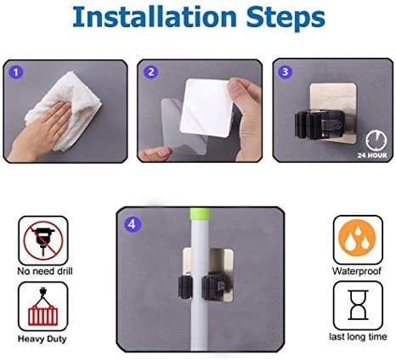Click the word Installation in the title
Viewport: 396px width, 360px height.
[x=155, y=16]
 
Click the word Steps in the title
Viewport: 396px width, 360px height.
[x=286, y=18]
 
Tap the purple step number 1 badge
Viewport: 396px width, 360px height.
[x=16, y=72]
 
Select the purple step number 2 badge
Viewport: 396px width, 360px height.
[x=150, y=72]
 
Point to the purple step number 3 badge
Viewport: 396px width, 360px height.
[x=285, y=71]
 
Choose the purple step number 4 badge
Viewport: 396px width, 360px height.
[x=132, y=224]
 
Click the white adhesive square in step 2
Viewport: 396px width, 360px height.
[x=206, y=108]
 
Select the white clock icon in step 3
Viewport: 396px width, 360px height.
[x=376, y=140]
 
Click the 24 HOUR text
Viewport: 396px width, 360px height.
[x=372, y=155]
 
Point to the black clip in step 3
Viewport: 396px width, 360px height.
[x=320, y=125]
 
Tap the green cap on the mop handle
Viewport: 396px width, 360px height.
[x=201, y=213]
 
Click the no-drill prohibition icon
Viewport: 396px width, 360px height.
[x=43, y=240]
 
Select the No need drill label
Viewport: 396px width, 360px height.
[x=45, y=271]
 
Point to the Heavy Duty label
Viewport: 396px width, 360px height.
[x=42, y=339]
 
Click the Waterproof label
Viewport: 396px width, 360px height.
[x=357, y=271]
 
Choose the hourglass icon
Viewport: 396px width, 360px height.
[x=358, y=305]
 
